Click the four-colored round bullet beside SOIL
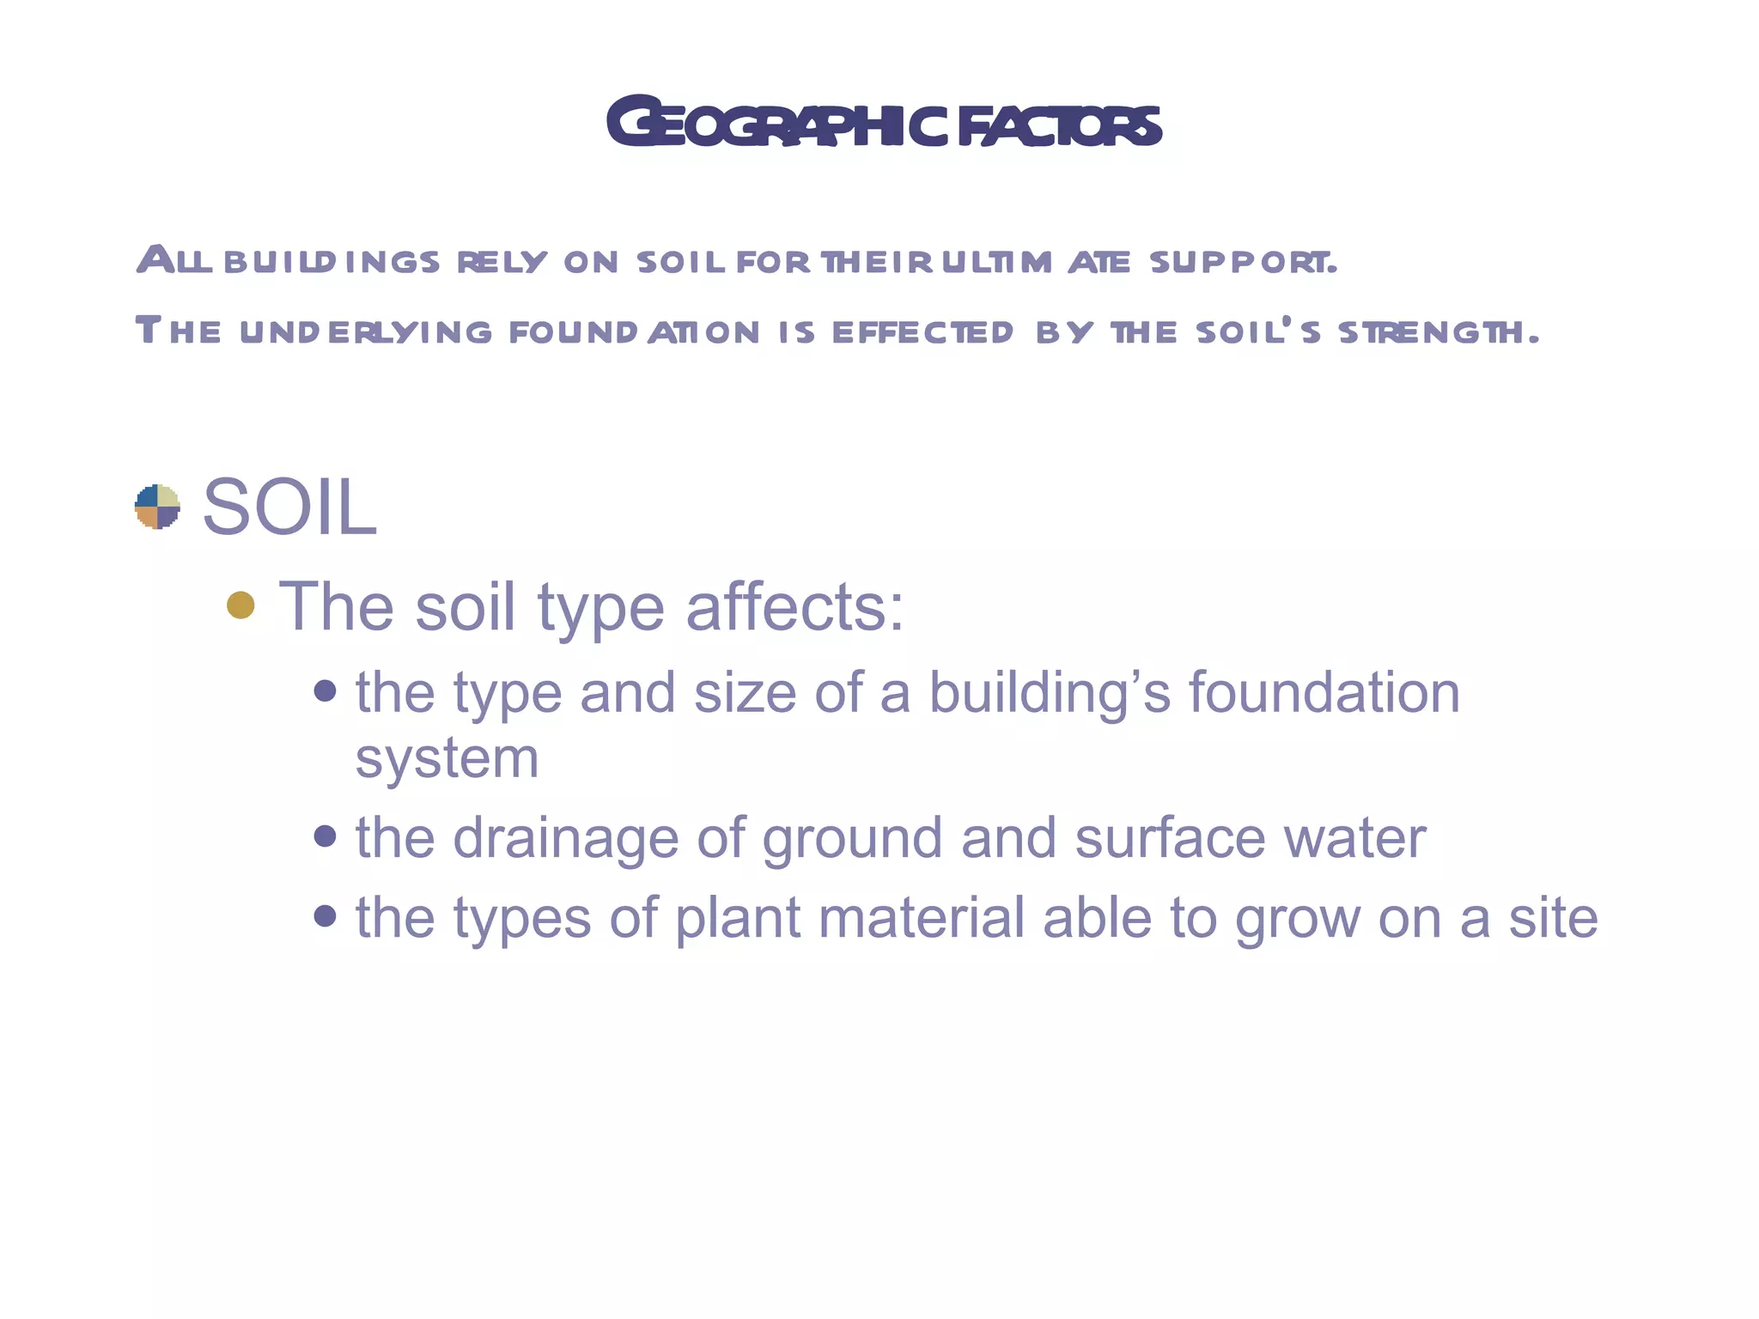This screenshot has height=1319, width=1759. coord(158,507)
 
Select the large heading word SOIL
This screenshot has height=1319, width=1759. coord(289,508)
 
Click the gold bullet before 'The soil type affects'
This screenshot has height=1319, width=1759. coord(240,605)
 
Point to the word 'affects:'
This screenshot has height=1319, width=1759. coord(794,606)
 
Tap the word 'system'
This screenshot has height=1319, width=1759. coord(447,759)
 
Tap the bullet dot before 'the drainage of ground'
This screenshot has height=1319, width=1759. coord(325,836)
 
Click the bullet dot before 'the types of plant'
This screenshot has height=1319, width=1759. coord(325,915)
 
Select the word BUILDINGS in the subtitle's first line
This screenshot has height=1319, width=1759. coord(332,261)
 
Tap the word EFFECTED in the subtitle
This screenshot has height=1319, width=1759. coord(922,332)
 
